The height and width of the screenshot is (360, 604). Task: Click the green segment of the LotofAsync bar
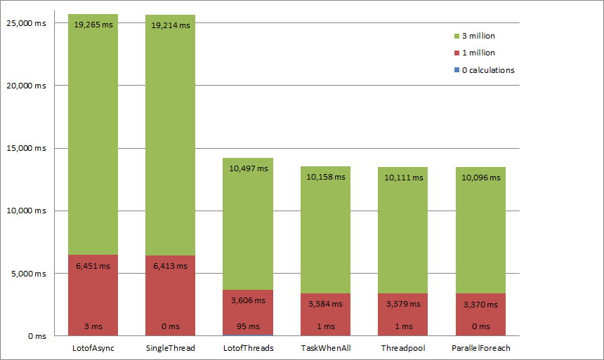[x=93, y=140]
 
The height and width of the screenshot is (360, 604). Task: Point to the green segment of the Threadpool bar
[x=403, y=232]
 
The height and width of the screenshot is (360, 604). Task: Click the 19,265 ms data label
[x=93, y=25]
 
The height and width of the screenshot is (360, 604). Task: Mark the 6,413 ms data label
[x=171, y=266]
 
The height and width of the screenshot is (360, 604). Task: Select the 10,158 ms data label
[x=326, y=177]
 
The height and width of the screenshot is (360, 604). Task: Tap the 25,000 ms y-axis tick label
[x=26, y=23]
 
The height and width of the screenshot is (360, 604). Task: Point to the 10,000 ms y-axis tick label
[x=26, y=211]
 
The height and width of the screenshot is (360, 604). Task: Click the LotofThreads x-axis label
[x=249, y=348]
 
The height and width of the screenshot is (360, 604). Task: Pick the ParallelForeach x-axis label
[x=481, y=348]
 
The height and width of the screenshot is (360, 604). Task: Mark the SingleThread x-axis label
[x=171, y=348]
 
